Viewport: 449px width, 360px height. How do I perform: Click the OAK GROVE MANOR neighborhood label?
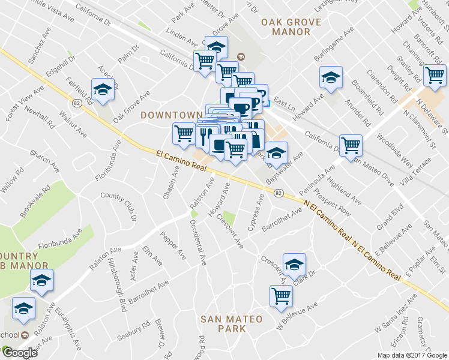coord(291,28)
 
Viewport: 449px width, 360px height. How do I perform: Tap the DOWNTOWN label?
coord(170,115)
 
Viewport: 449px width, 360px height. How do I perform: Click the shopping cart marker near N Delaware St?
coord(435,76)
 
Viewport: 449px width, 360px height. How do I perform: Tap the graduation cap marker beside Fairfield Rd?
coord(103,89)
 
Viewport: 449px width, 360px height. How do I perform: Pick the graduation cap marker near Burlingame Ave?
coord(330,77)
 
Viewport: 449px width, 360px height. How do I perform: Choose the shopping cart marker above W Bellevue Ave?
coord(281,295)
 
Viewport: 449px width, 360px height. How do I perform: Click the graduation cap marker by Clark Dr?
coord(294,264)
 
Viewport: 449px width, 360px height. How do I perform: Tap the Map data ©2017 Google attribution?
coord(412,355)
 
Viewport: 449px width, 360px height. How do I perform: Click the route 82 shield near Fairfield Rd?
coord(77,103)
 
